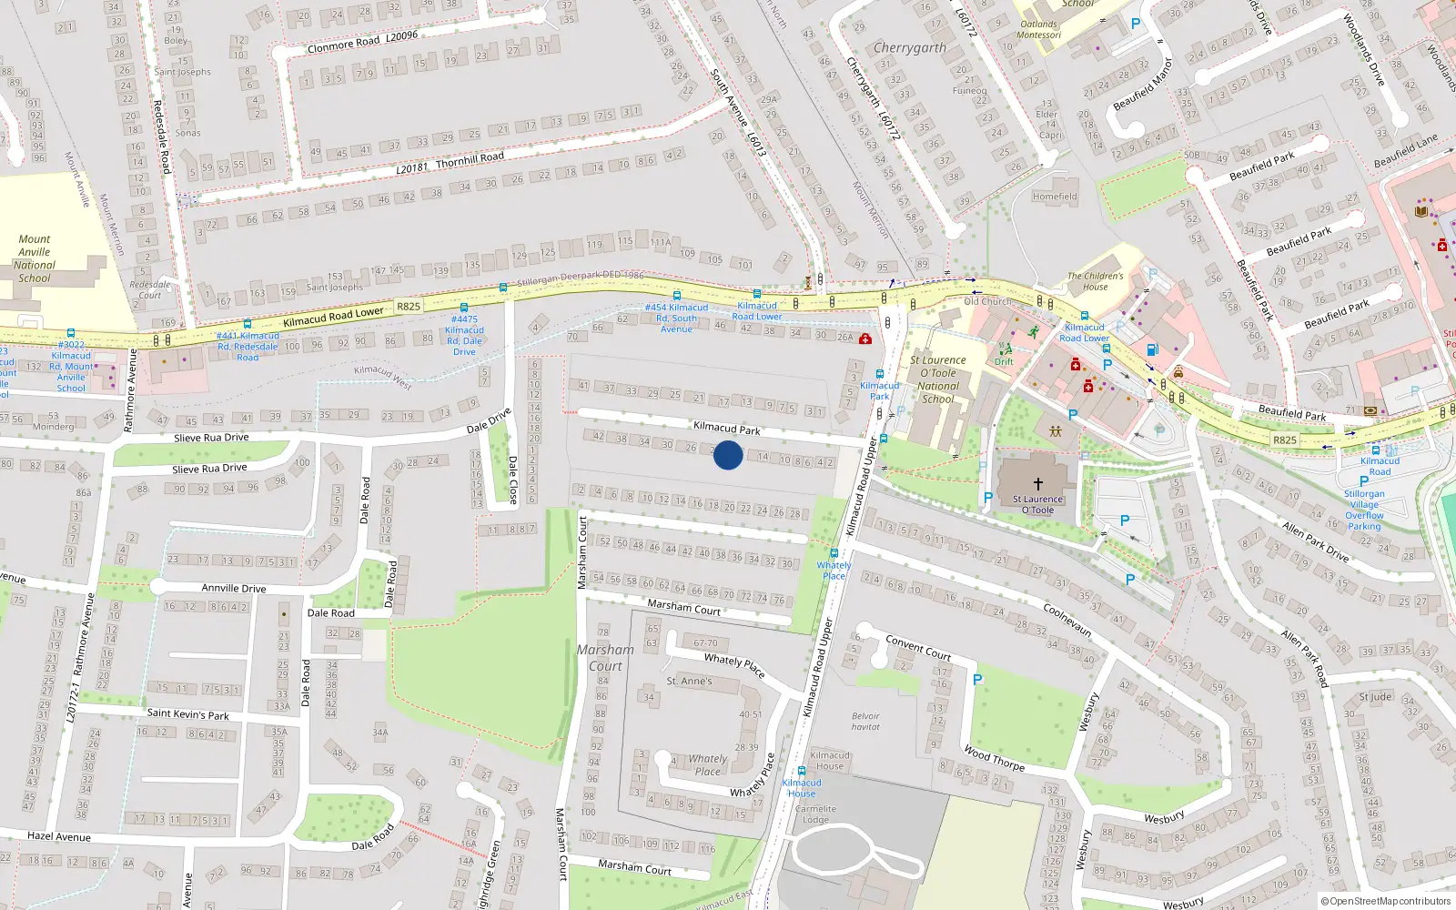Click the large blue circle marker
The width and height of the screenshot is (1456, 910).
click(x=727, y=455)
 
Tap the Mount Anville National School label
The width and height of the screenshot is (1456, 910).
click(x=35, y=259)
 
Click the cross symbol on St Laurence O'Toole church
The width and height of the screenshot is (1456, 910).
click(x=1037, y=484)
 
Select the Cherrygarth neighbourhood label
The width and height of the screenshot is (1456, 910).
click(x=909, y=47)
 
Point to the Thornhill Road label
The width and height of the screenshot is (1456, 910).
click(x=470, y=158)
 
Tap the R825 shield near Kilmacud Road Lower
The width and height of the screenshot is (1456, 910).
click(x=409, y=306)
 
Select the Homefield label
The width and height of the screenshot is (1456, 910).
click(x=1055, y=197)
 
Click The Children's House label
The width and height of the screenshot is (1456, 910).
click(x=1095, y=281)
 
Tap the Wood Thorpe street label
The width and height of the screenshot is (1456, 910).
click(x=994, y=759)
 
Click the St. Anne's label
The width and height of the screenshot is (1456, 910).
click(x=689, y=681)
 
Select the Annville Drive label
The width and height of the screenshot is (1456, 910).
click(x=234, y=588)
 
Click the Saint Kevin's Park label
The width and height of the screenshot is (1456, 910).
click(x=187, y=714)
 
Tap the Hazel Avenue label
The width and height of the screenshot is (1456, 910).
click(x=59, y=836)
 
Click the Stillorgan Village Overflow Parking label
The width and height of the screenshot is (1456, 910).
click(x=1364, y=511)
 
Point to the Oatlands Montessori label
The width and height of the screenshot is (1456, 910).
click(x=1038, y=30)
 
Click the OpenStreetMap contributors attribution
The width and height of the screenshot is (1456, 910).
click(x=1385, y=901)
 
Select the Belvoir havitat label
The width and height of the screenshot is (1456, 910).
click(x=865, y=721)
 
